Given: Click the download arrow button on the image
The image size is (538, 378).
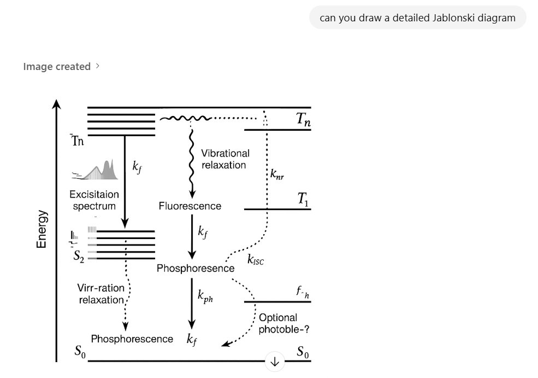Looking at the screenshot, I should coord(274,362).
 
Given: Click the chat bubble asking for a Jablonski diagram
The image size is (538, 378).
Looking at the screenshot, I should coord(417,18).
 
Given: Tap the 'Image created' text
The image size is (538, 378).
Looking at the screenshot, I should coord(57,67).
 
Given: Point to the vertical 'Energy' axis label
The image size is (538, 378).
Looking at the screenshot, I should coord(42,230).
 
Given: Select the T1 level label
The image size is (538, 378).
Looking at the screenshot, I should coord(303,202).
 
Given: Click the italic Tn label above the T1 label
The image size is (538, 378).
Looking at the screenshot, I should coord(303,121).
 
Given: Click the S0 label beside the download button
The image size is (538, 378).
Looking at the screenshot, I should coord(303,353).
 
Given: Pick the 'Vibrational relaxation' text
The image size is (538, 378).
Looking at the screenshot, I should coord(225,159).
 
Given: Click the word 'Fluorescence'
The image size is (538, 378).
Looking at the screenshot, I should coord(190,206).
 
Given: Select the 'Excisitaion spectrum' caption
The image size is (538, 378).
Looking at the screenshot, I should coord(93,200).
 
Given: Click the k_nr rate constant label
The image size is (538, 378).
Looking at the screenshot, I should coord(277,175).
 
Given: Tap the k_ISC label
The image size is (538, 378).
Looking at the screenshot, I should coord(256,260).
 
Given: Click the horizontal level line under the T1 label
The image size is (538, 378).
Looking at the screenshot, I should coord(277,209).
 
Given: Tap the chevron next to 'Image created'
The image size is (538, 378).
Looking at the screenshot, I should coord(98,66).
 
